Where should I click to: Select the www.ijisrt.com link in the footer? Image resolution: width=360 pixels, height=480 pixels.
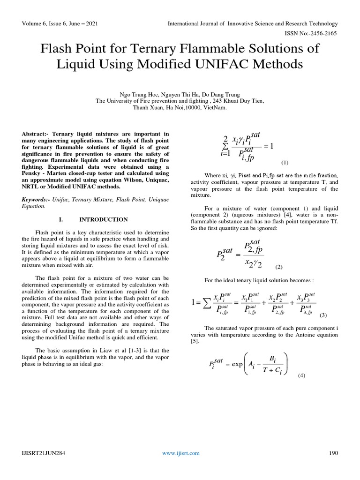pos(181,453)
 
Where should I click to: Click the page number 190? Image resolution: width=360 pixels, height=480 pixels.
pos(333,453)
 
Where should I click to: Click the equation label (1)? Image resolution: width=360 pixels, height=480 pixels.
pos(285,163)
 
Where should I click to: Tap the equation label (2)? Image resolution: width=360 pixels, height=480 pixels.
pos(279,267)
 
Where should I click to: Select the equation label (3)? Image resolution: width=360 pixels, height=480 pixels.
pos(323,315)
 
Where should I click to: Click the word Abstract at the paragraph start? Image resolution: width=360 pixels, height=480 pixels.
pos(35,134)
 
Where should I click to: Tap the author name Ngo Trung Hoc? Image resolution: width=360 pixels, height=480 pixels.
pos(142,93)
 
